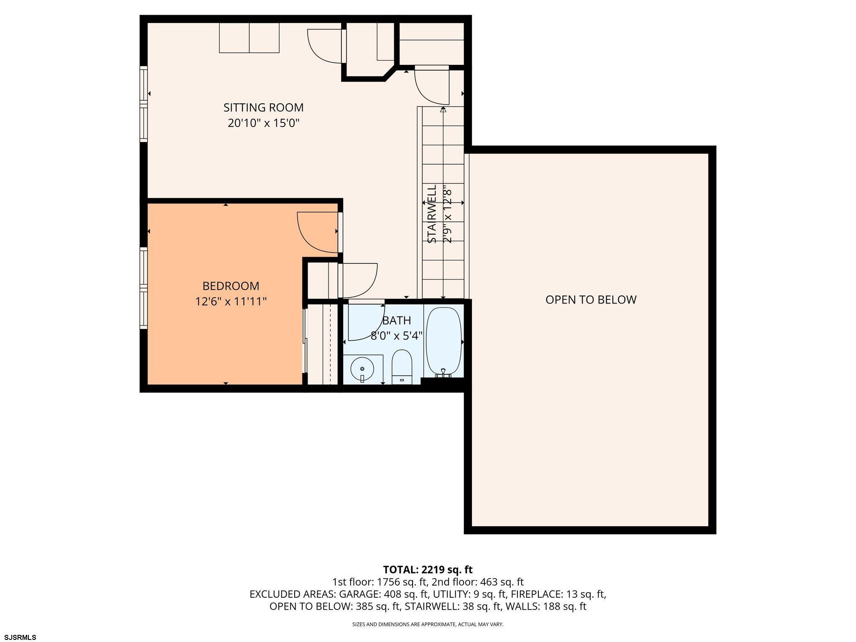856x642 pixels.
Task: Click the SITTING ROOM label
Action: pos(263,107)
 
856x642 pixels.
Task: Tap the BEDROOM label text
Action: pos(231,286)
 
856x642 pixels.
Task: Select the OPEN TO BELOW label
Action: pos(591,300)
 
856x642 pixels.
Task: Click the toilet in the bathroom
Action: pos(402,367)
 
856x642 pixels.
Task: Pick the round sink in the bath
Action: pos(362,369)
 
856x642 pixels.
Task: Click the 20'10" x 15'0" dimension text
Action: pos(264,123)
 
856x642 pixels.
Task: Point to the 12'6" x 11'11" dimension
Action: pos(231,301)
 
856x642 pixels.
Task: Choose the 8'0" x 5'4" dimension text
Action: pos(397,336)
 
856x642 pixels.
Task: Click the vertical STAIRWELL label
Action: pos(432,214)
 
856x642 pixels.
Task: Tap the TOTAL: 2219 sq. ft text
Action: pos(428,570)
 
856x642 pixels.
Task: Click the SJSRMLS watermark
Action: pos(18,637)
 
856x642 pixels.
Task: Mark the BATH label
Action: pos(397,321)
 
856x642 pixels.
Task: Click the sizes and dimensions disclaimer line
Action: pos(428,624)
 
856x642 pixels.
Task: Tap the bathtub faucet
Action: pos(443,373)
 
